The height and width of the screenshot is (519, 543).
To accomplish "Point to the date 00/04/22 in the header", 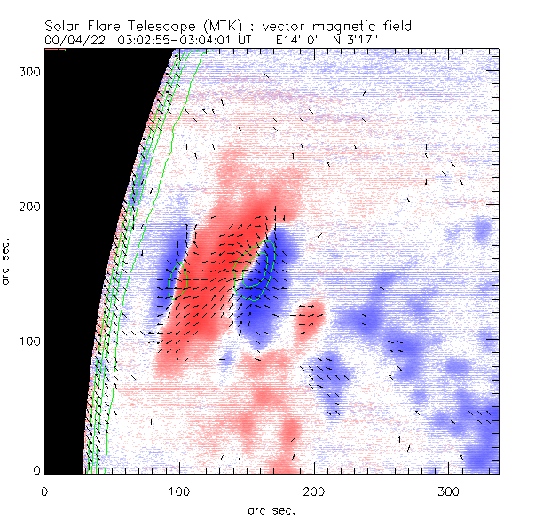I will [74, 40].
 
